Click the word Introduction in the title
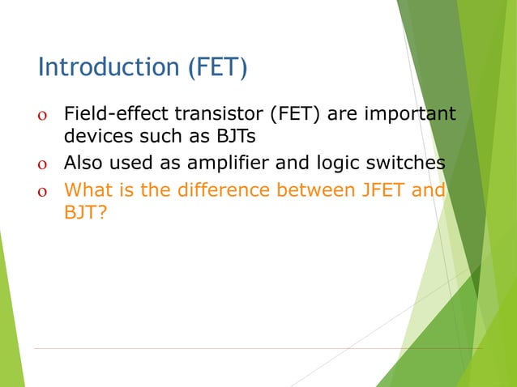point(109,67)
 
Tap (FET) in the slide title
point(217,67)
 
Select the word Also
point(83,164)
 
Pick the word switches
point(407,164)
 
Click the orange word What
point(86,192)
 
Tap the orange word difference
point(220,192)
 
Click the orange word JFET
point(389,192)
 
